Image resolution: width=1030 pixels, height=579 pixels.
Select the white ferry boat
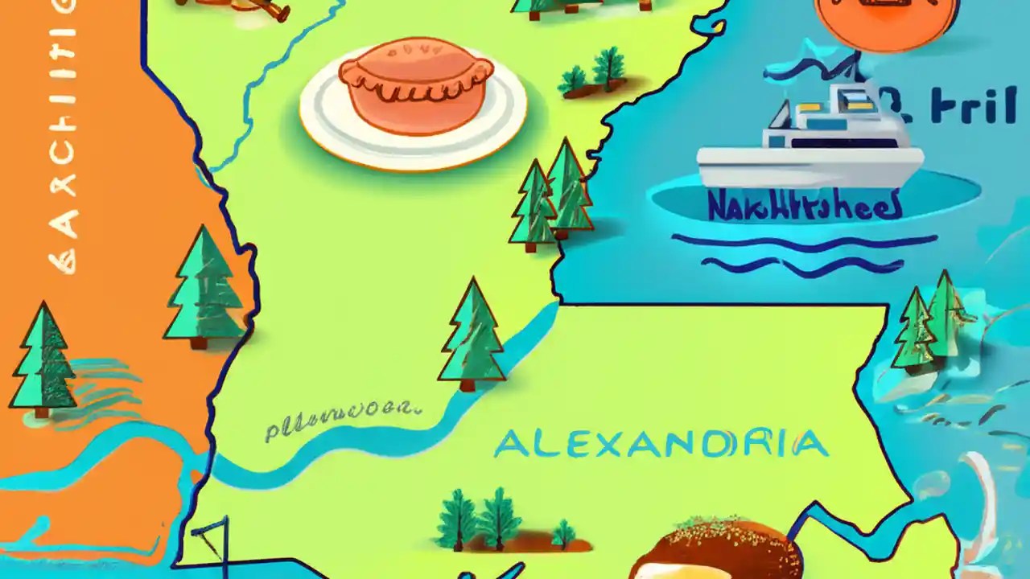[809, 141]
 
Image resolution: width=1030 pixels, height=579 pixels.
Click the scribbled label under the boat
[804, 206]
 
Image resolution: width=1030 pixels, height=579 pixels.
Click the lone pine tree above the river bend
[472, 334]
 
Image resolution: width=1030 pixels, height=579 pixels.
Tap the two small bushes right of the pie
[595, 72]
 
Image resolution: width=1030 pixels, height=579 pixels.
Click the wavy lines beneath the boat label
[805, 251]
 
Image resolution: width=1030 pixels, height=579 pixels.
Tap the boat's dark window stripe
[845, 142]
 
